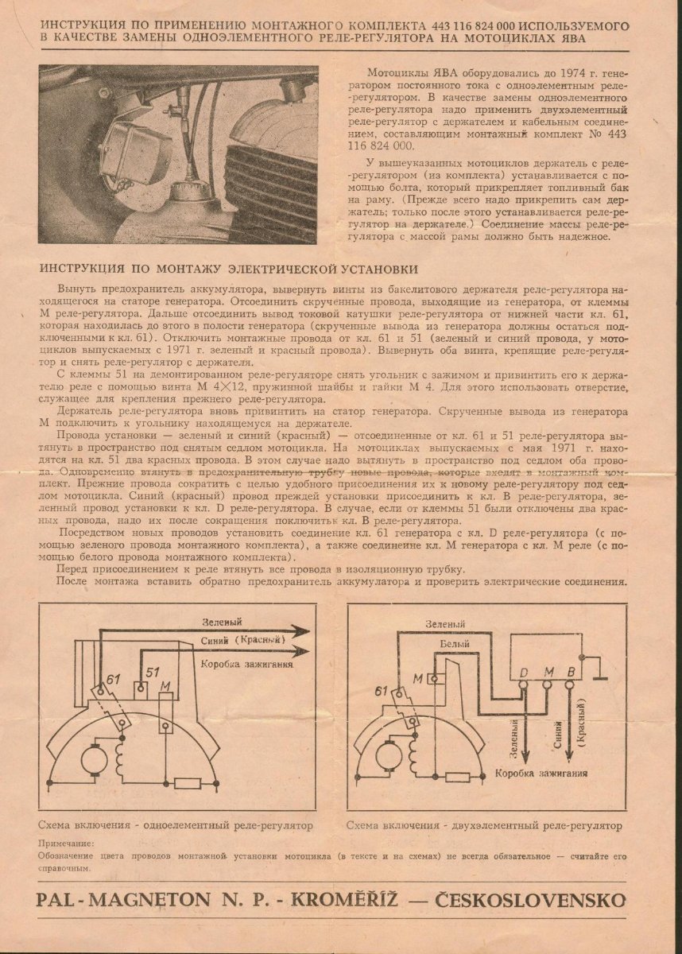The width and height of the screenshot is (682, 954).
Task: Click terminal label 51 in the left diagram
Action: pos(153,650)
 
